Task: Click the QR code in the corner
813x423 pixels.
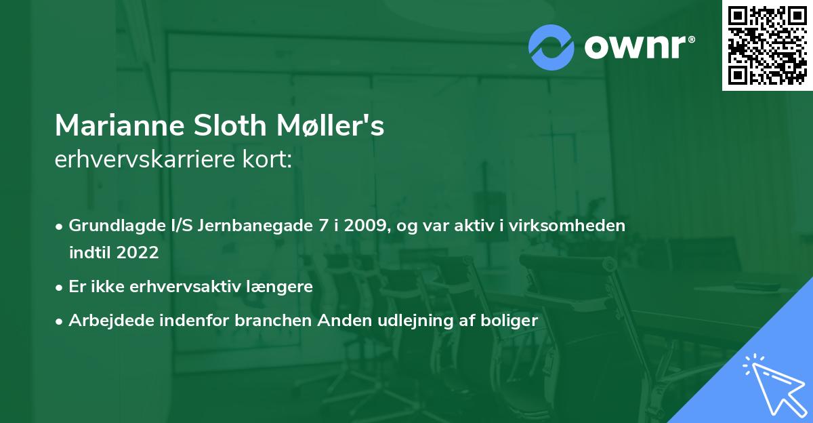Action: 768,45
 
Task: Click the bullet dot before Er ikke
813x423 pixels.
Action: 60,287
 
